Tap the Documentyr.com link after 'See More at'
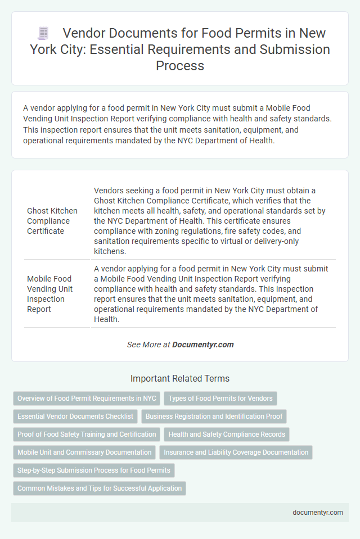[204, 345]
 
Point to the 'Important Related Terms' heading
[180, 378]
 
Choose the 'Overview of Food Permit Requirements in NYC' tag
[87, 398]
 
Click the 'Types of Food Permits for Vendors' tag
[220, 398]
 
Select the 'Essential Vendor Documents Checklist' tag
[75, 416]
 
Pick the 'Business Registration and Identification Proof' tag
[215, 416]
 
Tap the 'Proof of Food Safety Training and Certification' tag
[87, 434]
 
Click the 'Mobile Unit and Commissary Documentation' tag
[84, 452]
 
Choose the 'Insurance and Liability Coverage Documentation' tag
[236, 452]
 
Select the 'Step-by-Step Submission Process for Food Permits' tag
[94, 470]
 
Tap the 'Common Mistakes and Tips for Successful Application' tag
[100, 488]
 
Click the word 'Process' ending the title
[180, 65]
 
